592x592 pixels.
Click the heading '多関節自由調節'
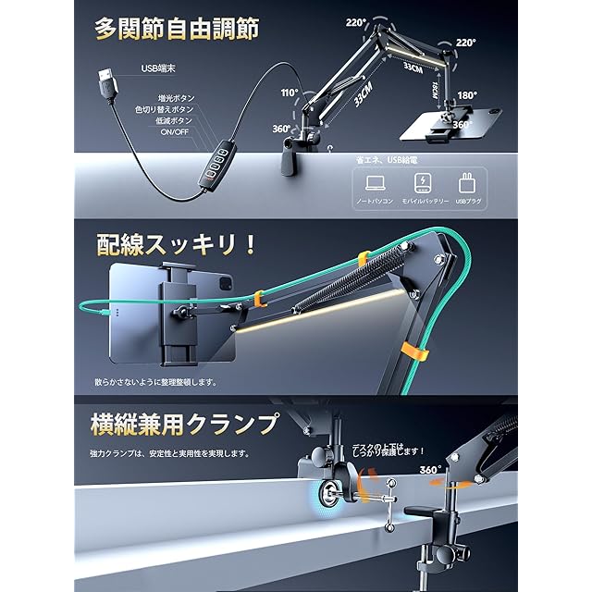pyautogui.click(x=176, y=27)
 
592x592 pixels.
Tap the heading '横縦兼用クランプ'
pyautogui.click(x=185, y=425)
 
